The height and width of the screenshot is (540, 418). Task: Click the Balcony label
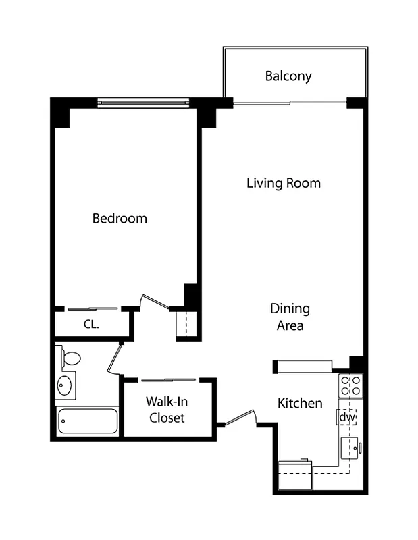coord(288,76)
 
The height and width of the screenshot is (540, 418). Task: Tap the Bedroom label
coord(120,219)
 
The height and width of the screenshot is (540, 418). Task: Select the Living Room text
coord(283,183)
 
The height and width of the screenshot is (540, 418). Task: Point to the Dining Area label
coord(290,317)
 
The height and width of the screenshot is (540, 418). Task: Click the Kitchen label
coord(300,403)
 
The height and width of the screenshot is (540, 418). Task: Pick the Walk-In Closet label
coord(167,410)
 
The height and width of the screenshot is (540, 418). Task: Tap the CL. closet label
coord(91,324)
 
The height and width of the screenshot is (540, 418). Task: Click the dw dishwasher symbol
coord(346,417)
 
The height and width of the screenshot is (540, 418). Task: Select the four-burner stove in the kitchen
coord(350,385)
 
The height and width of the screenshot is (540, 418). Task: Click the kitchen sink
coord(349,448)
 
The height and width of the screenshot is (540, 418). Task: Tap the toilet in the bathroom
coord(70,358)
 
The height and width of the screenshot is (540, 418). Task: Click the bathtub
coord(88,421)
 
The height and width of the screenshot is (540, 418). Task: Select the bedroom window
coord(143,103)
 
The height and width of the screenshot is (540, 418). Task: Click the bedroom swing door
coord(154,302)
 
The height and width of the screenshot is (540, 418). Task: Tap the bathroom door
coord(115,359)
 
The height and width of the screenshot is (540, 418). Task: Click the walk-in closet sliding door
coord(169,380)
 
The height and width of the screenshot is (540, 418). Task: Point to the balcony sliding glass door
coord(290,103)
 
